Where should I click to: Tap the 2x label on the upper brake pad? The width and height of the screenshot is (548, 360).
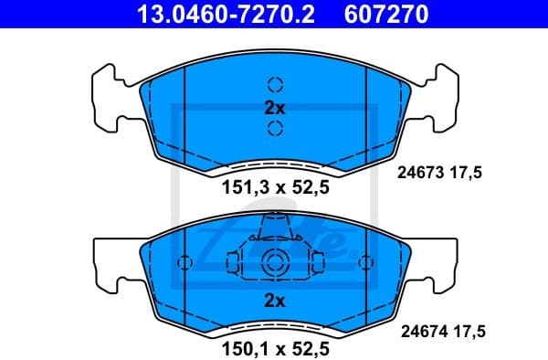(x=275, y=107)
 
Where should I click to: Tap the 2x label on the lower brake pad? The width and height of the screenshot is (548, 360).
(x=275, y=301)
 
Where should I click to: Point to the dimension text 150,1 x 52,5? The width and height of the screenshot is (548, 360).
(x=275, y=348)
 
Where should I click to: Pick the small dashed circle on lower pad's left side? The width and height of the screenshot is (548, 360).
(x=185, y=263)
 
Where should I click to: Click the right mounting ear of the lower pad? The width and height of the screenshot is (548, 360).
(x=440, y=261)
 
